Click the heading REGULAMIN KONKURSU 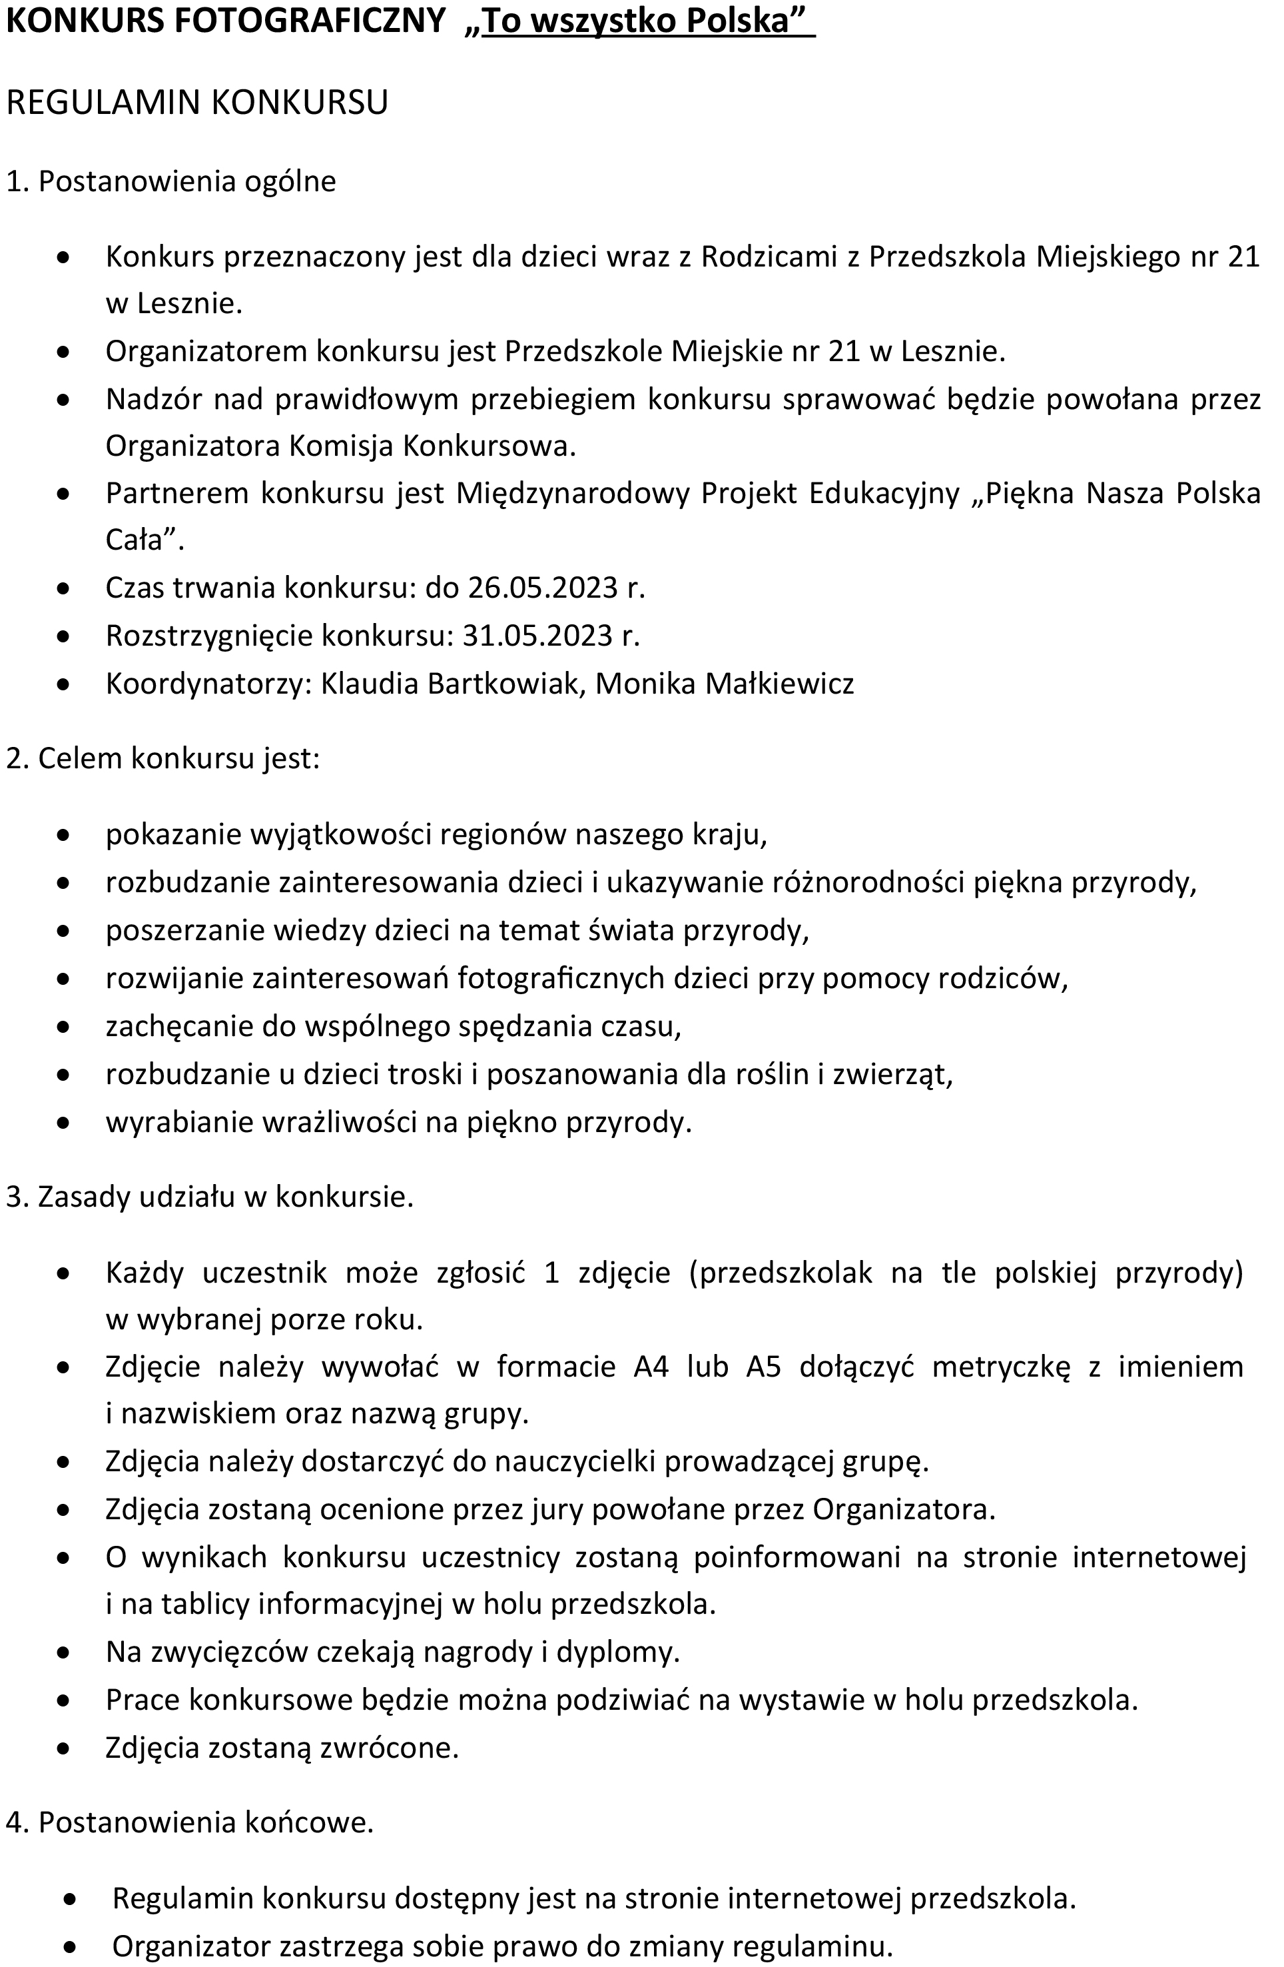[196, 103]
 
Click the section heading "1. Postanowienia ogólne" [171, 181]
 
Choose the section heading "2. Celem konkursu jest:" [162, 758]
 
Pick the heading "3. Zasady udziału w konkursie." [210, 1197]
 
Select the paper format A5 [763, 1367]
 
